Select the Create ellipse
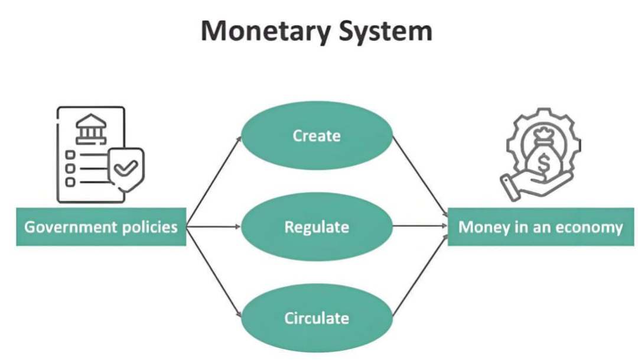317,136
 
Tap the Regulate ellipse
317,227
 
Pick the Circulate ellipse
317,318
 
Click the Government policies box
101,227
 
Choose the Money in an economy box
541,227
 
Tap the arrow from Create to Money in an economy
419,174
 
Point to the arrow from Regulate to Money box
419,226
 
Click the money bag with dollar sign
542,155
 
